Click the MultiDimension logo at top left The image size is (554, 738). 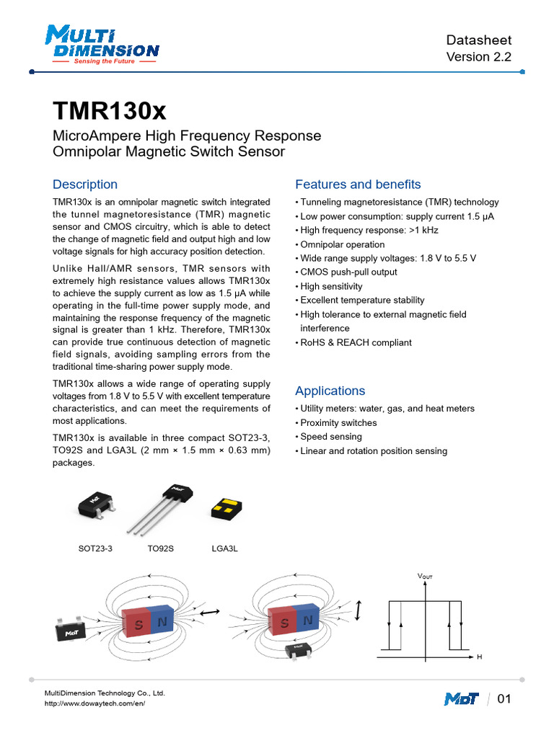pyautogui.click(x=101, y=45)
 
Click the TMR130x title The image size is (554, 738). pyautogui.click(x=110, y=112)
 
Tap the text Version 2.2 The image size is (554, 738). pyautogui.click(x=478, y=58)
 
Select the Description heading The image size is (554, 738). pyautogui.click(x=85, y=184)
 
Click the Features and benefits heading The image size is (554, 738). pyautogui.click(x=358, y=184)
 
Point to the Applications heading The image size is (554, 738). pyautogui.click(x=330, y=391)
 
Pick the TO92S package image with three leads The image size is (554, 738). pyautogui.click(x=162, y=507)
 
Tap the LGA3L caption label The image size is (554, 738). pyautogui.click(x=224, y=548)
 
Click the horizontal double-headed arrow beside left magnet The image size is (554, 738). pyautogui.click(x=210, y=612)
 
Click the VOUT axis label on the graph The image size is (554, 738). pyautogui.click(x=425, y=577)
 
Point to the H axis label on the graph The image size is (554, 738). pyautogui.click(x=479, y=657)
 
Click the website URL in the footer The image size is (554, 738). pyautogui.click(x=95, y=703)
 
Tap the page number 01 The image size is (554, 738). pyautogui.click(x=504, y=699)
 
